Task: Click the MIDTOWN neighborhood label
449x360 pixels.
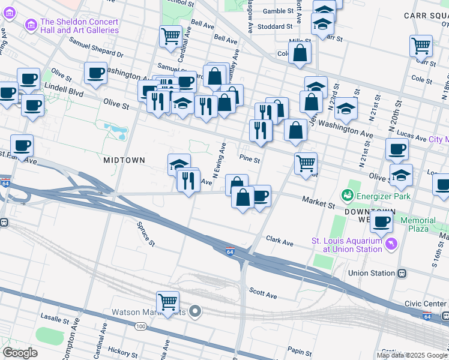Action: point(124,160)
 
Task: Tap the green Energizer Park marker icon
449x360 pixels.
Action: point(346,195)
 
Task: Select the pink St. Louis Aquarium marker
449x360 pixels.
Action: point(391,244)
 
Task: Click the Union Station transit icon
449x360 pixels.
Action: point(402,273)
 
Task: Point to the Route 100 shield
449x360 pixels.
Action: point(140,326)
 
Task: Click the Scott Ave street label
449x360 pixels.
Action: point(263,295)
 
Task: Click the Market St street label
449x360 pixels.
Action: point(318,205)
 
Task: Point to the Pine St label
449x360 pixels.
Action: point(250,160)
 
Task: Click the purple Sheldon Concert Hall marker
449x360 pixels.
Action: point(29,25)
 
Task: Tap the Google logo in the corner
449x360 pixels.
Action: point(20,353)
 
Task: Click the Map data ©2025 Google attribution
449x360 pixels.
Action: point(412,355)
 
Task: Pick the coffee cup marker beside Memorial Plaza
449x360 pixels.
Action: point(381,221)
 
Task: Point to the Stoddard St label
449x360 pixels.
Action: point(274,26)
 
